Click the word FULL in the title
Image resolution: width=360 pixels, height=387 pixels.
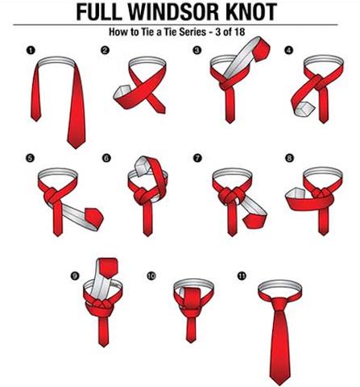pyautogui.click(x=99, y=12)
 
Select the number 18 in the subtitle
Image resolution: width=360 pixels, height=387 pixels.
pyautogui.click(x=240, y=32)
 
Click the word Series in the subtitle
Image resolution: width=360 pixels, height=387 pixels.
pyautogui.click(x=191, y=32)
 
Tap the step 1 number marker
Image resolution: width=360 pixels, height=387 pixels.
pyautogui.click(x=31, y=51)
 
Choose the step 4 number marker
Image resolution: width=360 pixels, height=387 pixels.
pyautogui.click(x=289, y=50)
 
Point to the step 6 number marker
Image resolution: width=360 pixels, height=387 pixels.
pyautogui.click(x=106, y=158)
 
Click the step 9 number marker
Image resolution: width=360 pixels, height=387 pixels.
pyautogui.click(x=75, y=276)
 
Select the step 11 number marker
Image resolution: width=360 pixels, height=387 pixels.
pyautogui.click(x=242, y=276)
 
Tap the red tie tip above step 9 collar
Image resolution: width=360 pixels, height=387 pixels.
pyautogui.click(x=108, y=268)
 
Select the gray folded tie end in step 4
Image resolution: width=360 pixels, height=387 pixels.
pyautogui.click(x=304, y=110)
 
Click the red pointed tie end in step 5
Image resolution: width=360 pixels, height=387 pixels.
pyautogui.click(x=94, y=218)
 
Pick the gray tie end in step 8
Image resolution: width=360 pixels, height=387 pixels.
pyautogui.click(x=296, y=193)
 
